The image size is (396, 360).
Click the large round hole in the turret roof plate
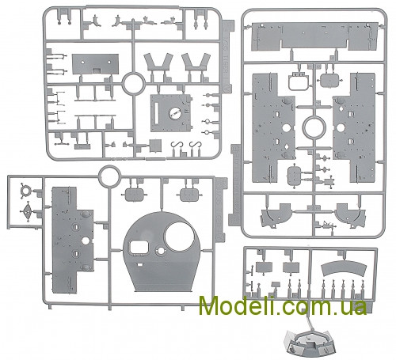pos(179,236)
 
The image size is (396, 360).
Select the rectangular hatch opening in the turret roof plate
pos(139,248)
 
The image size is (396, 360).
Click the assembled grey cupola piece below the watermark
pos(310,342)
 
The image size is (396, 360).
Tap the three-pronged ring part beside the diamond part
pos(25,191)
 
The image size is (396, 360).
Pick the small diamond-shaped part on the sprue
pos(27,211)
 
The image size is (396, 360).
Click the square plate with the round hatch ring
pos(171,113)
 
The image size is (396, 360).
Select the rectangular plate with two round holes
pos(95,64)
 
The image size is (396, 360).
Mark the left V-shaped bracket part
pos(158,63)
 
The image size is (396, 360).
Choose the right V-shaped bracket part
pos(196,63)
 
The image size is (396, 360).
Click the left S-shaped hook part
pos(177,146)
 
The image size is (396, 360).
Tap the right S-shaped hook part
pos(195,146)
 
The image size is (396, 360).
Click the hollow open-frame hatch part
pos(299,82)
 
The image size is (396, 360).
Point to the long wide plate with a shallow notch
pos(315,36)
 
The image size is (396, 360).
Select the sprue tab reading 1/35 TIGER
pos(227,56)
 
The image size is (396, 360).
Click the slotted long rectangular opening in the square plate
pos(156,114)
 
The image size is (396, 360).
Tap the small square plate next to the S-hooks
pos(155,146)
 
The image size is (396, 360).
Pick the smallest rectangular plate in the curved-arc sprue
pos(276,285)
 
